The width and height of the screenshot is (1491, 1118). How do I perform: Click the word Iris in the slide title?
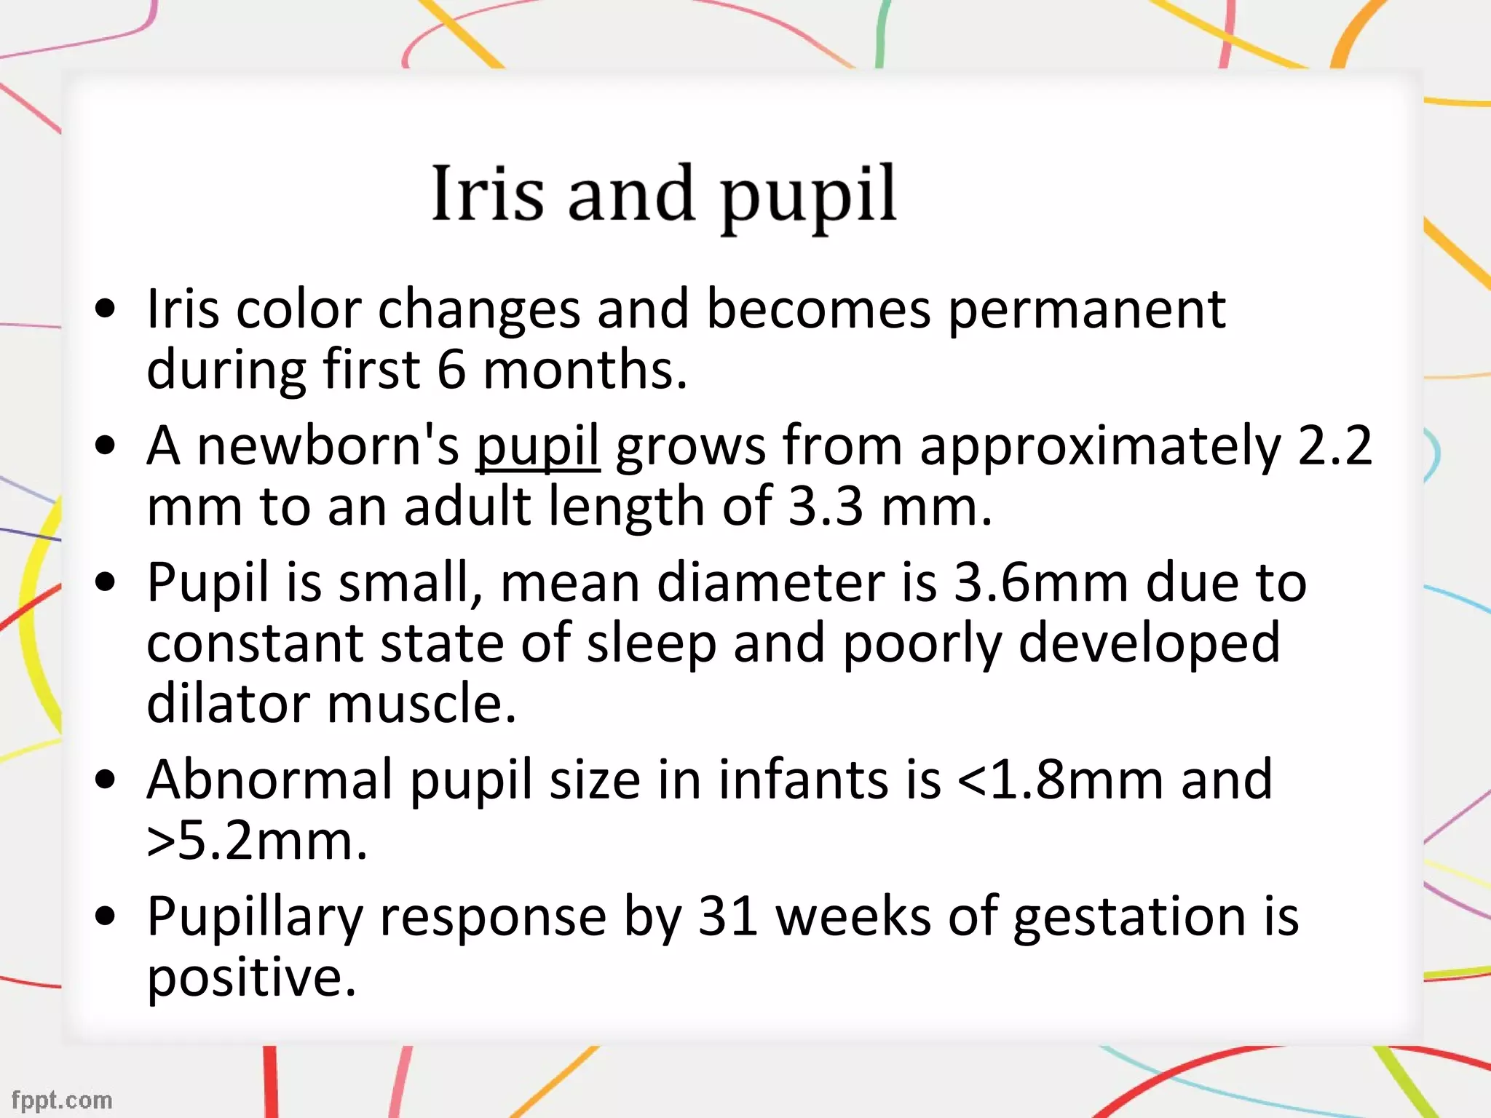[x=487, y=193]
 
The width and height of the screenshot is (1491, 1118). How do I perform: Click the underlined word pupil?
[x=538, y=445]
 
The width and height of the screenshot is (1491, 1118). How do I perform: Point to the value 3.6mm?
[x=1041, y=582]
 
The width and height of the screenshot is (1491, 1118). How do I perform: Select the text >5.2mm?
[x=256, y=841]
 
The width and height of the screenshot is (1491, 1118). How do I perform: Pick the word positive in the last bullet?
[x=251, y=977]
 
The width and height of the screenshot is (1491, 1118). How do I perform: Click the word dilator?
[x=228, y=704]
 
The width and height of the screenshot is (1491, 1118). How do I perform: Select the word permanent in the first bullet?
[x=1086, y=309]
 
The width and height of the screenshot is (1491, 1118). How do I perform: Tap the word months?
[x=585, y=370]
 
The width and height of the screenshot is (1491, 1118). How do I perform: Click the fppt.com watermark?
[x=62, y=1100]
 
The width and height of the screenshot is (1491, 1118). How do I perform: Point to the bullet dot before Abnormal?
[x=106, y=780]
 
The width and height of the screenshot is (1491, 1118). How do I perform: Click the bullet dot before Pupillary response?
[x=106, y=916]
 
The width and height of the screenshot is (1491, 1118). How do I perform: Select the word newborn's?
[x=328, y=445]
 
